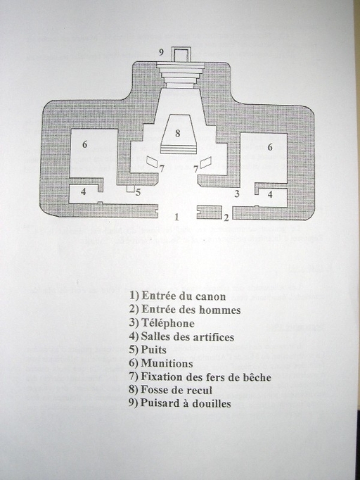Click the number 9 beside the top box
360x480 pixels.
161,53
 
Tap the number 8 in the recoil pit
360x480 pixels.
178,133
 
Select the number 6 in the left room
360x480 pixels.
84,144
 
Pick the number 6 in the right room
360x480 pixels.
270,147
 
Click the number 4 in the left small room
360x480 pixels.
84,192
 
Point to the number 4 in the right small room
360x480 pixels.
270,194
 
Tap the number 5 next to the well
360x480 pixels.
138,193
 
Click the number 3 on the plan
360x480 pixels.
237,194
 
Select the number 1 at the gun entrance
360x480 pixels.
176,217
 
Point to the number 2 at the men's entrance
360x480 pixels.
226,217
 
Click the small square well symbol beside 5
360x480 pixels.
131,189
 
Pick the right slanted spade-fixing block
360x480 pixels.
205,160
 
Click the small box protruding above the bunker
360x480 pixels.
181,54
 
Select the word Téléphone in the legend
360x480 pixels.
167,323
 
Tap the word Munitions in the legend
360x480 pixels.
167,363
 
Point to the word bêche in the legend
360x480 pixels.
256,377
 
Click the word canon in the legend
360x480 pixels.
211,296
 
